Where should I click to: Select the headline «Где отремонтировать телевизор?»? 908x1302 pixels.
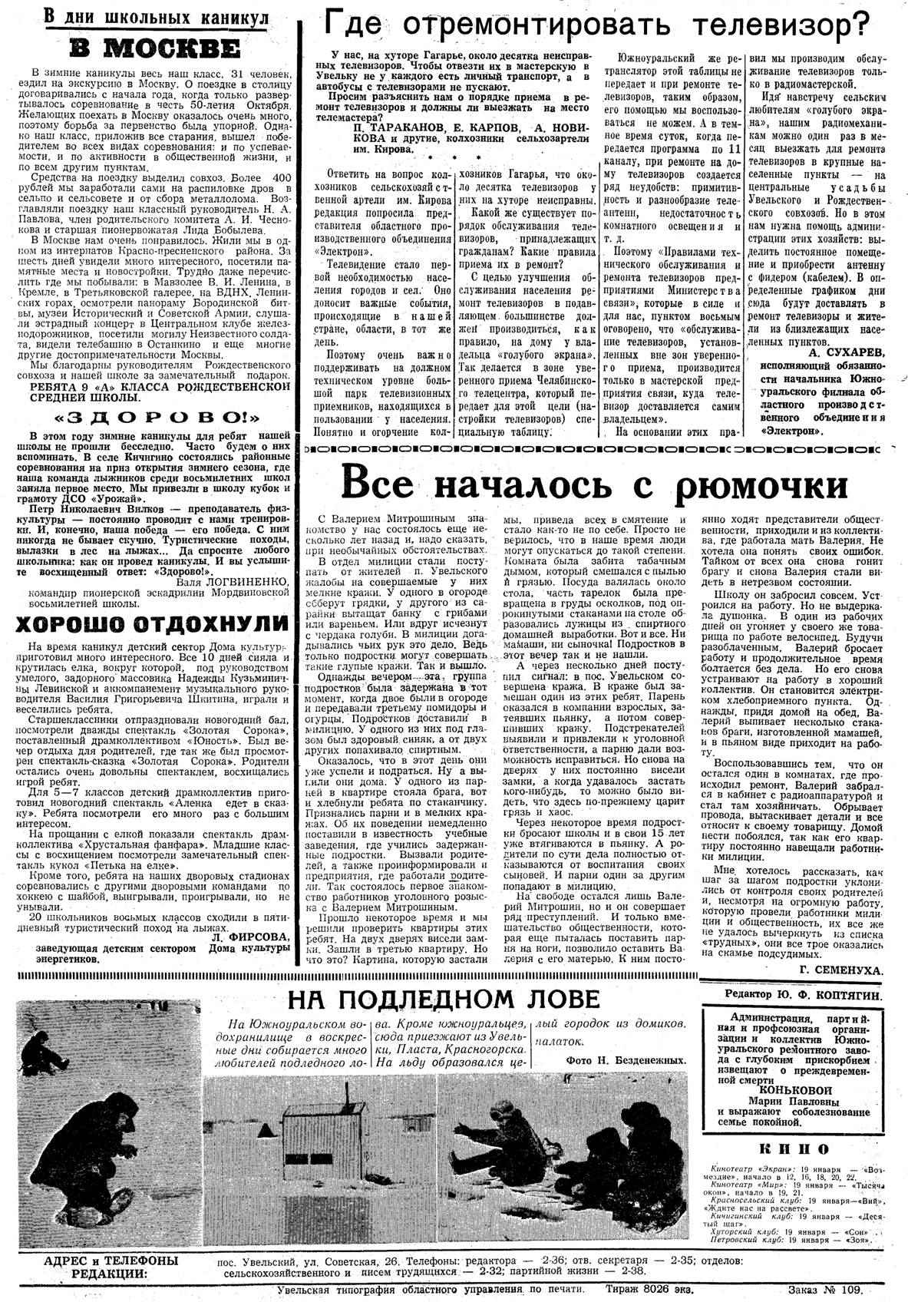598,26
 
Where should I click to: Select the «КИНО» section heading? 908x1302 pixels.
793,1148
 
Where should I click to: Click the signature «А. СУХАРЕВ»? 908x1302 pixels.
847,352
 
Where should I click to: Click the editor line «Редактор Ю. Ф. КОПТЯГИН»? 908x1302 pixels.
804,994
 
